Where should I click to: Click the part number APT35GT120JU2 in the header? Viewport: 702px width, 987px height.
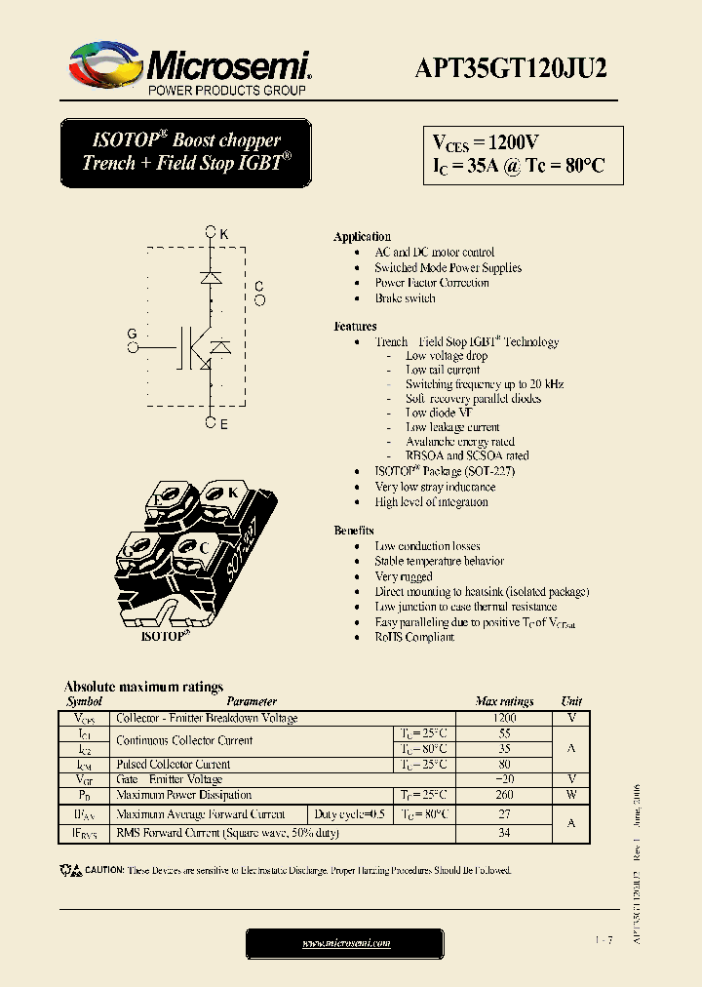(x=511, y=67)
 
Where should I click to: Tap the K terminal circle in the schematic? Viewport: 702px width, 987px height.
(x=210, y=233)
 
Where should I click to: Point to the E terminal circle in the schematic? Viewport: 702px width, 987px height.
(x=210, y=422)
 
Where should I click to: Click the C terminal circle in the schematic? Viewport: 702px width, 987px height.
(x=259, y=300)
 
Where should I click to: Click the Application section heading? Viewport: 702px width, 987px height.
(x=362, y=237)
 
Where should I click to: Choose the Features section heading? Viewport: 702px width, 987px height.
(x=355, y=327)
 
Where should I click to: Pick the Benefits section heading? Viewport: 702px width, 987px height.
(x=354, y=531)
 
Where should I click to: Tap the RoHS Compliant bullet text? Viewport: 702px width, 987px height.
(x=414, y=637)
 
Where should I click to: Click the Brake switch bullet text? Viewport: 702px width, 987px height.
(x=405, y=298)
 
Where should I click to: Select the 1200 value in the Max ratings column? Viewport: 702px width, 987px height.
(x=504, y=718)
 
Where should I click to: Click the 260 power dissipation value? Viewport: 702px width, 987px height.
(x=504, y=795)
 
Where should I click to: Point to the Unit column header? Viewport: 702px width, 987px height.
(x=571, y=701)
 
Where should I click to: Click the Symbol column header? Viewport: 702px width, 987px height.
(x=84, y=701)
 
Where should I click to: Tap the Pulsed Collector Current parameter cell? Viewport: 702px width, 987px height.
(x=174, y=765)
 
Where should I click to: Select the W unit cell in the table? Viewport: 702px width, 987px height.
(x=571, y=795)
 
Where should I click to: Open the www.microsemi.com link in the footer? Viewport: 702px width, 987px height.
(x=345, y=943)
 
